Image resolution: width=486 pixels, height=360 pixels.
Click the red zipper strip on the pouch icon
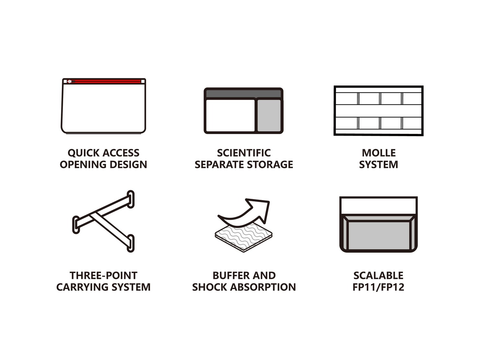click(x=104, y=81)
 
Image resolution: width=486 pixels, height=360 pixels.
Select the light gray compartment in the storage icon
click(x=269, y=115)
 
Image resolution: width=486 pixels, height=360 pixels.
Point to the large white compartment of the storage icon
click(x=230, y=115)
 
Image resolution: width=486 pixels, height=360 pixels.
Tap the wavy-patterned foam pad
click(x=243, y=237)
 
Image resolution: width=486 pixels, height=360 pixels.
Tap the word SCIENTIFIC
click(x=244, y=153)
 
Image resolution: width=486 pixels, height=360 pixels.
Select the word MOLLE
click(x=379, y=153)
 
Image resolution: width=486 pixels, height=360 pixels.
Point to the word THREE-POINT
click(x=103, y=276)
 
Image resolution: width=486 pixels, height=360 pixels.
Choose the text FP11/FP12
click(x=378, y=287)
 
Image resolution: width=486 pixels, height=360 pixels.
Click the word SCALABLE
click(x=378, y=276)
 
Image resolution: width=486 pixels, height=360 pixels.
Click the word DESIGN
click(x=128, y=164)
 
